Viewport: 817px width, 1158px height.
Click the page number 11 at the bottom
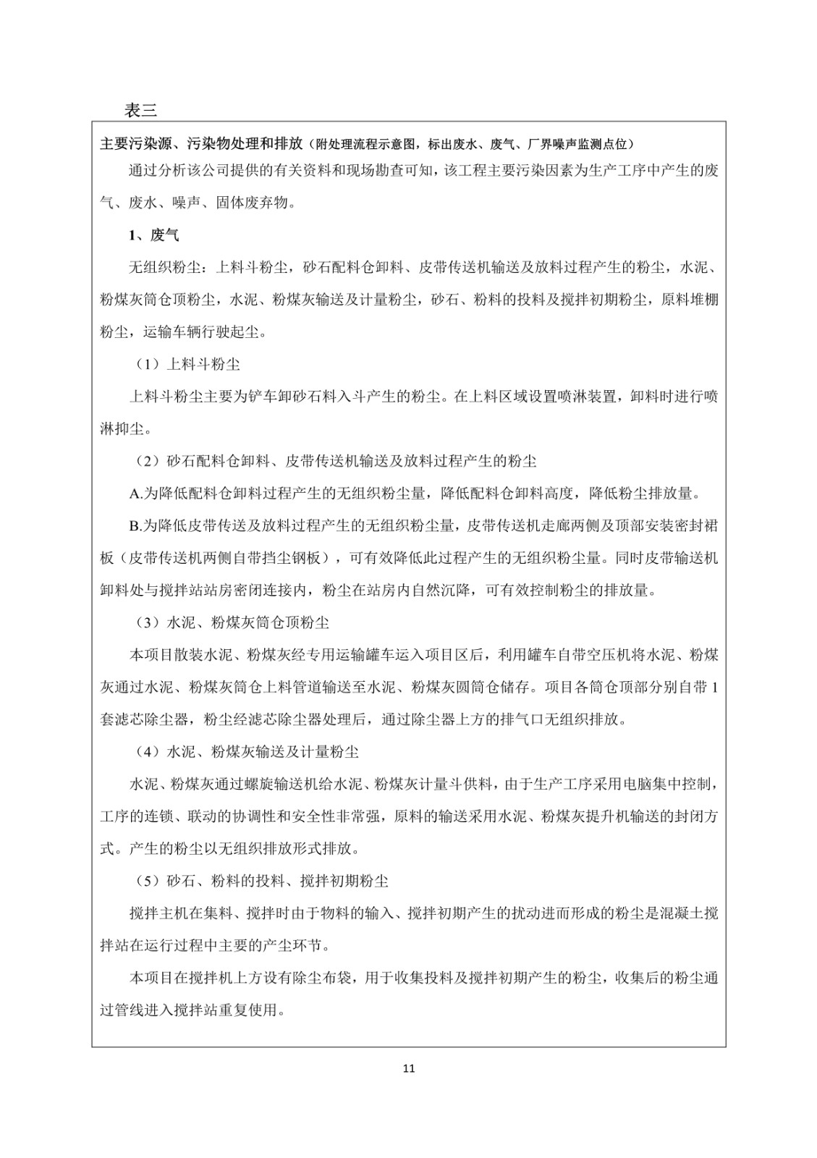click(409, 1068)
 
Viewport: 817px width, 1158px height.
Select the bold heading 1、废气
click(153, 235)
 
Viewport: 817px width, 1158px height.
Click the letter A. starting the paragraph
click(136, 494)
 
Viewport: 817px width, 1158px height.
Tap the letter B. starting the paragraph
click(136, 526)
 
